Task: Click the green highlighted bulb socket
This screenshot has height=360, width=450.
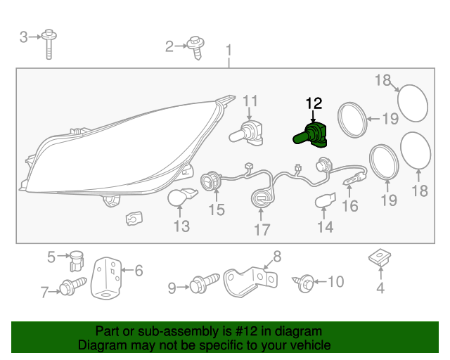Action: coord(309,134)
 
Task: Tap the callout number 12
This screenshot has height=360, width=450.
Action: coord(314,103)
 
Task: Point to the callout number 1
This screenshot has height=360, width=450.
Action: coord(229,50)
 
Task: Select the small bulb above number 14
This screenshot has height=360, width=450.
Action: coord(323,202)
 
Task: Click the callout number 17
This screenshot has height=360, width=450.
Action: coord(262,229)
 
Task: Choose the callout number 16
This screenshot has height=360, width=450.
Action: coord(349,206)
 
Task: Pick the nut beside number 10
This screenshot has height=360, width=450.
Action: coord(305,283)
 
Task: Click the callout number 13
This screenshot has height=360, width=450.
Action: coord(181,226)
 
